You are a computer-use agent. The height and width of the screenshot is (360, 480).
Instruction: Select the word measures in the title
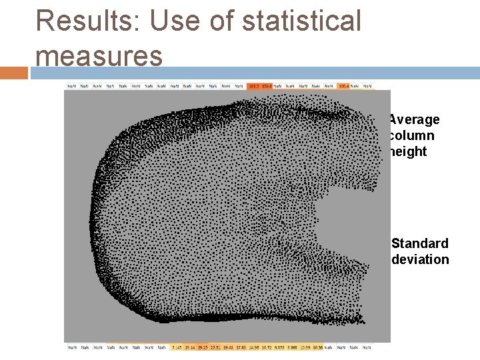(x=99, y=56)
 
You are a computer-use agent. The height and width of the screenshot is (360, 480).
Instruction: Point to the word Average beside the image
(x=414, y=119)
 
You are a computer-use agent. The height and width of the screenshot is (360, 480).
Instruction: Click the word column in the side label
(x=411, y=135)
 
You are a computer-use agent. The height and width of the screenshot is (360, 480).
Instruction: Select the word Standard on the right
(x=420, y=243)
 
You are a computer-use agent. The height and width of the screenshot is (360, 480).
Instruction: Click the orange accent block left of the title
(x=14, y=72)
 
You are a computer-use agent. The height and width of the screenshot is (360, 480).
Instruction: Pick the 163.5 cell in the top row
(x=253, y=86)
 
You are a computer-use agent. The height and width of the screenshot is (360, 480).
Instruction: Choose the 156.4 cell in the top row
(x=267, y=86)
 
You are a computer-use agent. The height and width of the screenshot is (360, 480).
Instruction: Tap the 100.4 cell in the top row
(x=344, y=86)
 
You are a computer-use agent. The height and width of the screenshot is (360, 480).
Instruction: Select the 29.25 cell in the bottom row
(x=202, y=347)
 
